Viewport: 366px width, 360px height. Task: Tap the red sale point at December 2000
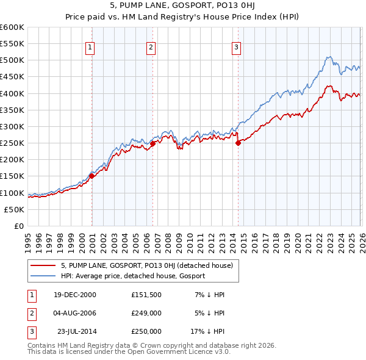[92, 176]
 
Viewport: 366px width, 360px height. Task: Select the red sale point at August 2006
[152, 143]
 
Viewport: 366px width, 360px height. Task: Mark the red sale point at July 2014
[238, 143]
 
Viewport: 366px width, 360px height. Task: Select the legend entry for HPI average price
[133, 276]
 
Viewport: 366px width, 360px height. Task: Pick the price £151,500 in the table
[146, 295]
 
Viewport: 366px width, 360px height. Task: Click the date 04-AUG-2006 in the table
[75, 313]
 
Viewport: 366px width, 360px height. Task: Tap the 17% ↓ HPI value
[209, 331]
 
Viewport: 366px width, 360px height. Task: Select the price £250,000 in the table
[146, 331]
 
